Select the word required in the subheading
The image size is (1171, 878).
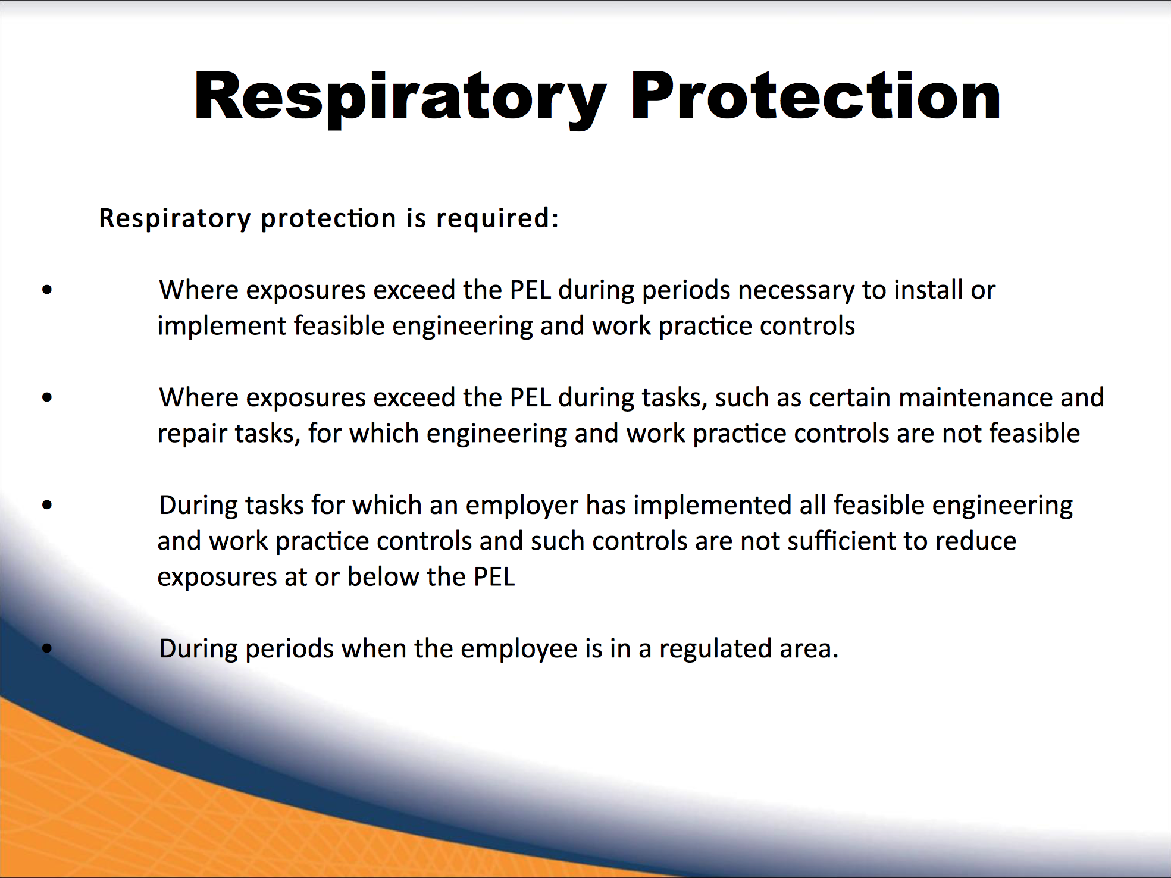tap(497, 218)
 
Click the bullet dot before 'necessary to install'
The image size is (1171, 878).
tap(48, 290)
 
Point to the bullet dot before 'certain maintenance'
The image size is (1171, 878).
tap(48, 397)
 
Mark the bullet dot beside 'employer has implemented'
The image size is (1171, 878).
tap(48, 505)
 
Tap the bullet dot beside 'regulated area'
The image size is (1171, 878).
tap(48, 648)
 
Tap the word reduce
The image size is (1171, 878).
tap(976, 541)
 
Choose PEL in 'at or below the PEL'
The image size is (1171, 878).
tap(494, 577)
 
